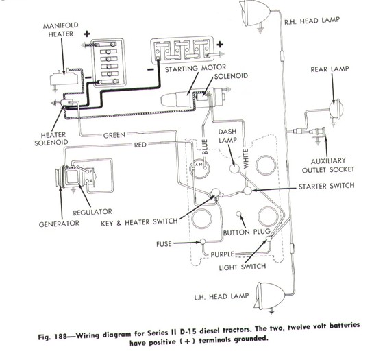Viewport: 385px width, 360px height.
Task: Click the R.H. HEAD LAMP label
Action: (312, 21)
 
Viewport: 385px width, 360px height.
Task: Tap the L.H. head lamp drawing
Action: (269, 296)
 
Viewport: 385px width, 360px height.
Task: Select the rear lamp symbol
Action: (336, 109)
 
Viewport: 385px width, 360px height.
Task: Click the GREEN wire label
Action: (114, 135)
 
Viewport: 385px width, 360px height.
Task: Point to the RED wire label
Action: (140, 145)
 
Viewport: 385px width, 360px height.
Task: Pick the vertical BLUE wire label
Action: (205, 147)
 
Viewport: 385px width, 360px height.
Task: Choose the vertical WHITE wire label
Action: (245, 158)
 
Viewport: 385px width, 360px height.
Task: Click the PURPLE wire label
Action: (222, 254)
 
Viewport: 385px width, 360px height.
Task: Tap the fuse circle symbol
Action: (203, 242)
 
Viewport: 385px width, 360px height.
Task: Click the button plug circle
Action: (238, 214)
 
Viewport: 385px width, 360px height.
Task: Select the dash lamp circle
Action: (234, 168)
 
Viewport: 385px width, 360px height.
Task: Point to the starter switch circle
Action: (247, 191)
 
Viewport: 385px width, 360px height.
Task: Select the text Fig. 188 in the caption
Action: (53, 337)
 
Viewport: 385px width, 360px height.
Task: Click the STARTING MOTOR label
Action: (195, 69)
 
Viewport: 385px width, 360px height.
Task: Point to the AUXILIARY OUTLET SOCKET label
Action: (328, 165)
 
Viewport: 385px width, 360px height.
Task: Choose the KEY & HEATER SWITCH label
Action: (139, 223)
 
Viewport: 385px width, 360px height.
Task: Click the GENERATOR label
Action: (59, 224)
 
